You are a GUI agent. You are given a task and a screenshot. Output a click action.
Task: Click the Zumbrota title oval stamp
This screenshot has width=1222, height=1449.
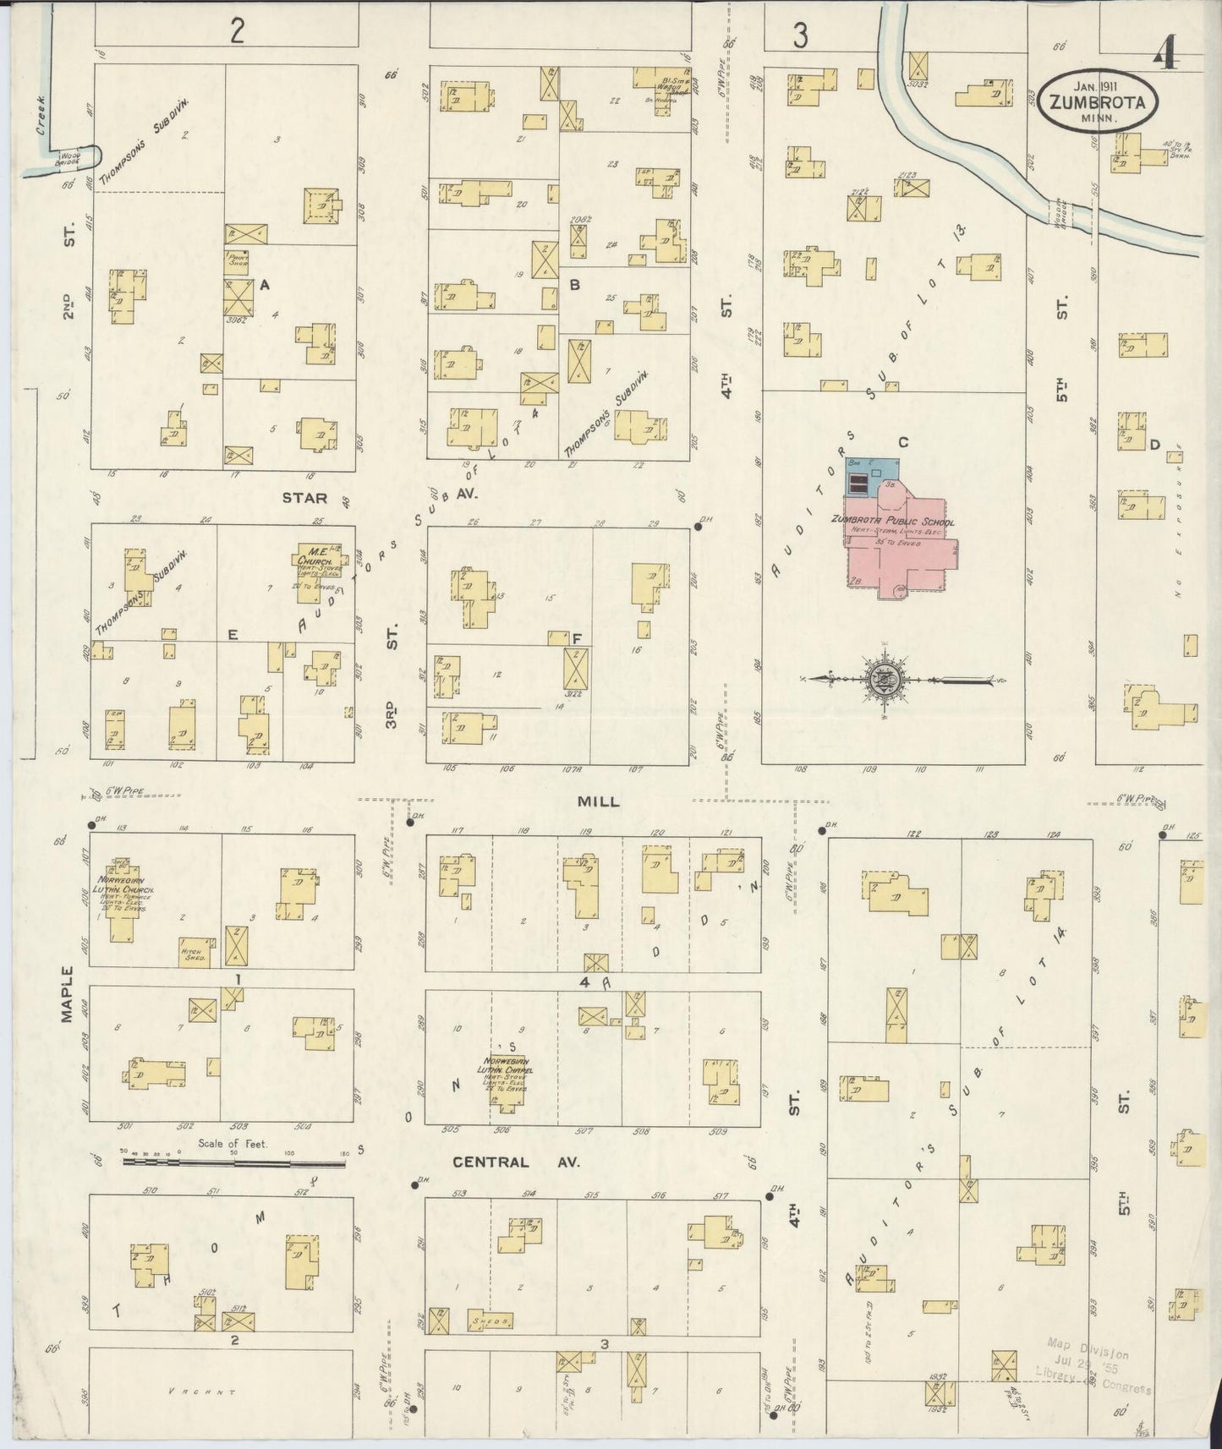(1099, 99)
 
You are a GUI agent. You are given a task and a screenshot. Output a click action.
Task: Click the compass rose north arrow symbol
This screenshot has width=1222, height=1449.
(883, 679)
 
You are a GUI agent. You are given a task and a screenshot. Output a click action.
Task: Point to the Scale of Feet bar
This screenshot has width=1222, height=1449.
(234, 1163)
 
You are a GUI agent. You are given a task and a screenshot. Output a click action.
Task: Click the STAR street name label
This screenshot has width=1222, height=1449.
(304, 499)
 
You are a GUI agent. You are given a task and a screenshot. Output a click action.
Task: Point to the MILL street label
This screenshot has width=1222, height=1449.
(599, 801)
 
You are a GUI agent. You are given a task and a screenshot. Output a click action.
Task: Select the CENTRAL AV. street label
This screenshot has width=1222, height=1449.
(516, 1162)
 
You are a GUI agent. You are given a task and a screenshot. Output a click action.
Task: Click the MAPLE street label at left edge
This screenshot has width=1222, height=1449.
(68, 994)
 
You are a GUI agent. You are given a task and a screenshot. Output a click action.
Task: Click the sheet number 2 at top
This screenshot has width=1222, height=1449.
(238, 32)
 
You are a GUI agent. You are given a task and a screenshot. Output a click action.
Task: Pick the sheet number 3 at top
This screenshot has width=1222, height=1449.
(799, 35)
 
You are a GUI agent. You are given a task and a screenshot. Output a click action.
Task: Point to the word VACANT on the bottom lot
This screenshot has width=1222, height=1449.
(200, 1392)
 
